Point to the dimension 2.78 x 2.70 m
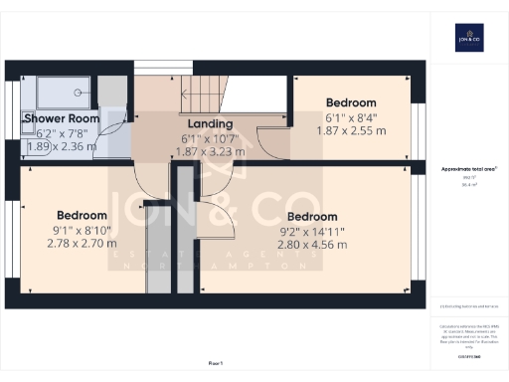click(82, 242)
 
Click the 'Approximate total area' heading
click(468, 169)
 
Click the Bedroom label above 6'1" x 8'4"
click(351, 102)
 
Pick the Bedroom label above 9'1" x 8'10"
click(82, 215)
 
